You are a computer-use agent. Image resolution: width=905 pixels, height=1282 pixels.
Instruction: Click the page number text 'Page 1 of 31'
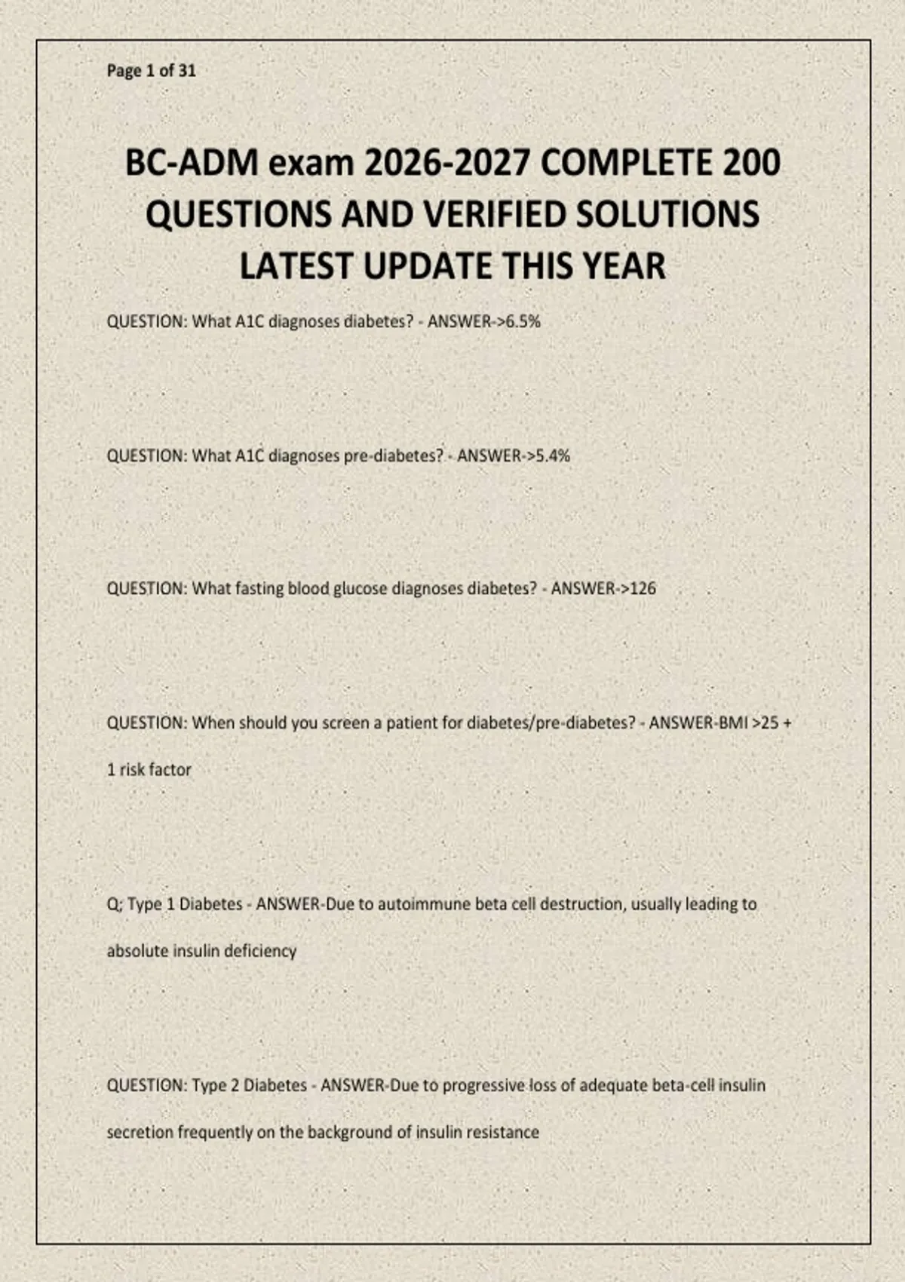pyautogui.click(x=151, y=71)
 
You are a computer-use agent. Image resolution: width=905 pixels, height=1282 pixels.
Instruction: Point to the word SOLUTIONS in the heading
pyautogui.click(x=667, y=215)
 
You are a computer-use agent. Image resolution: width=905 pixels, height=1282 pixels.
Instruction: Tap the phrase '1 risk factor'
pyautogui.click(x=149, y=770)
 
